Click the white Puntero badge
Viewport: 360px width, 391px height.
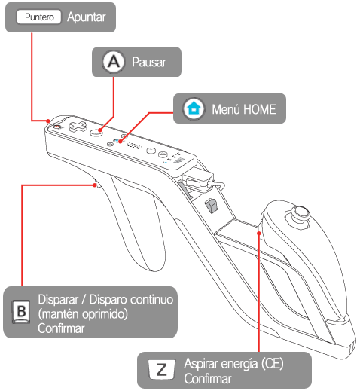[x=39, y=17]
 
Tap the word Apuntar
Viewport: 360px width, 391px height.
[x=87, y=17]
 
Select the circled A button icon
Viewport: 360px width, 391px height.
[x=114, y=62]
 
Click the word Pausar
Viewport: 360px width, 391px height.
[x=149, y=62]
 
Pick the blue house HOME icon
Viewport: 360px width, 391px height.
[x=194, y=108]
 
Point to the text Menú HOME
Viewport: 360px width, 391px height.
[x=244, y=109]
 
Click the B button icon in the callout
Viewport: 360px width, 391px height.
[x=21, y=312]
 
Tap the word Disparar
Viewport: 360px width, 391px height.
[x=58, y=299]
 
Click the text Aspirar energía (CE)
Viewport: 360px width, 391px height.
[x=233, y=364]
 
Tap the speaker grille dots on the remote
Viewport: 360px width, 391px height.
[x=133, y=145]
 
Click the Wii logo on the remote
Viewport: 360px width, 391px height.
[x=180, y=160]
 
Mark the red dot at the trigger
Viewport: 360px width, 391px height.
[x=95, y=185]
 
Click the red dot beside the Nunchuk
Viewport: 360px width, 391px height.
[x=259, y=234]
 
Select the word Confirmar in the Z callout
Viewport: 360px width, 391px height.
[x=208, y=379]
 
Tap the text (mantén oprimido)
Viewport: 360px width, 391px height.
[x=83, y=314]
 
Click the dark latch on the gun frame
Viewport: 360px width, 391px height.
[x=211, y=206]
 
